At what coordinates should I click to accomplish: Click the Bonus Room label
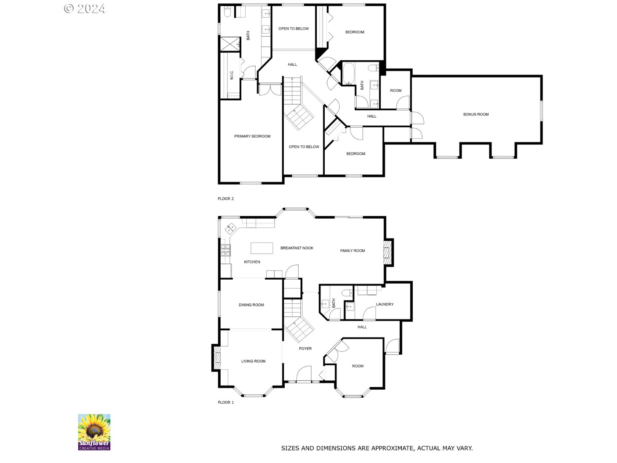476,115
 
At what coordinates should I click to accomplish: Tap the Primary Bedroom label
252,136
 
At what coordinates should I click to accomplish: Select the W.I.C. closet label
232,75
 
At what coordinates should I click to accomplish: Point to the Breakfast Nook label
297,248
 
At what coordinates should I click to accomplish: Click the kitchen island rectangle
262,248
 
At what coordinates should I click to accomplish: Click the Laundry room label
385,304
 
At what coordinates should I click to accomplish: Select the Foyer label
305,348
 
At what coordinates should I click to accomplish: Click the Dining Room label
251,305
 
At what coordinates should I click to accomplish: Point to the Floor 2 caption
226,198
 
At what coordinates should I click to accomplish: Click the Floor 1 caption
226,402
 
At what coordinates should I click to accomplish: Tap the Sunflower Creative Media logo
94,432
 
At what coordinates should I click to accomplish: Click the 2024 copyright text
85,8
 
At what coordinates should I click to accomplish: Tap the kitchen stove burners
225,251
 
